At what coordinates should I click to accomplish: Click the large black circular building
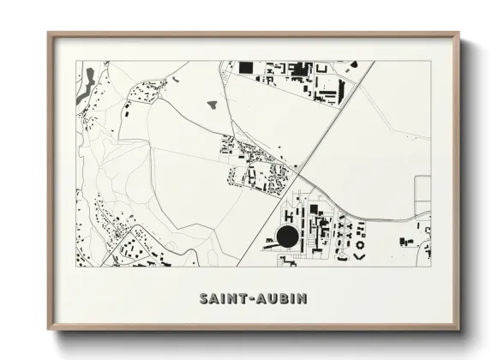288,237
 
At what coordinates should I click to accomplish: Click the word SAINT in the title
219,299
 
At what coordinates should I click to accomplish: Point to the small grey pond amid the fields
212,105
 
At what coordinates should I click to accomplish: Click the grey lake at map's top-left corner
83,94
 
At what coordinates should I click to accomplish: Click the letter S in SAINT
203,299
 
